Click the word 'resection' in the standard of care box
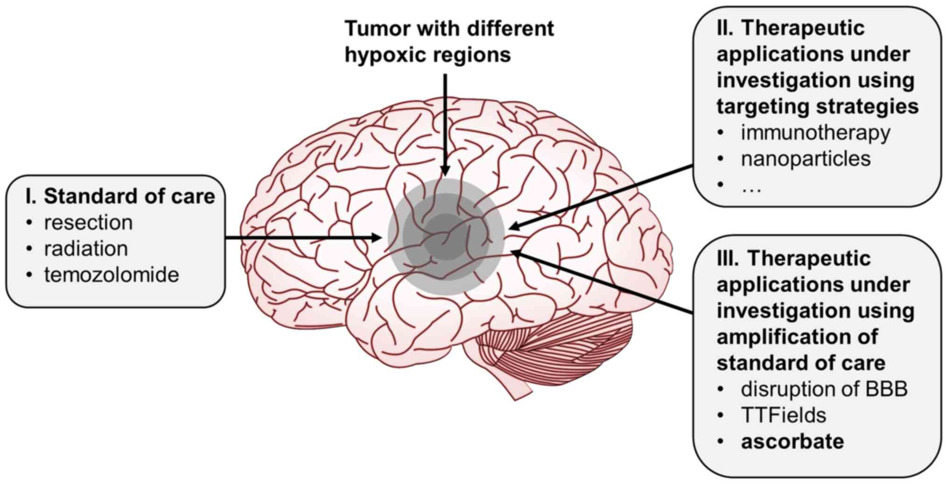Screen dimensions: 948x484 pyautogui.click(x=88, y=223)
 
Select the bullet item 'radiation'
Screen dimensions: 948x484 pyautogui.click(x=86, y=249)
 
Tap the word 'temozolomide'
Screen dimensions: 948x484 pyautogui.click(x=112, y=275)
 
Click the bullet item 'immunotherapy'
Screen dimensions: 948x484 pyautogui.click(x=815, y=133)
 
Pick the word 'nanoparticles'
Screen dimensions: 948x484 pyautogui.click(x=806, y=159)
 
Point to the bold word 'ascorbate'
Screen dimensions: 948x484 pyautogui.click(x=792, y=442)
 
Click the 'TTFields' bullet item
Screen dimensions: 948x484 pyautogui.click(x=783, y=415)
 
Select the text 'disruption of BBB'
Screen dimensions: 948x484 pyautogui.click(x=824, y=389)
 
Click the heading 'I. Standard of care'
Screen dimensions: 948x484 pyautogui.click(x=120, y=196)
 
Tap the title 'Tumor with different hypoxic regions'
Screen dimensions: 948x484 pyautogui.click(x=449, y=42)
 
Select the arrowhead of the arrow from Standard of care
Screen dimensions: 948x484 pyautogui.click(x=376, y=238)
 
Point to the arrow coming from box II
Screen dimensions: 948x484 pyautogui.click(x=602, y=196)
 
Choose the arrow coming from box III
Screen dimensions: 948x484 pyautogui.click(x=602, y=283)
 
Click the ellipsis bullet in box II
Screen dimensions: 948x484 pyautogui.click(x=751, y=187)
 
